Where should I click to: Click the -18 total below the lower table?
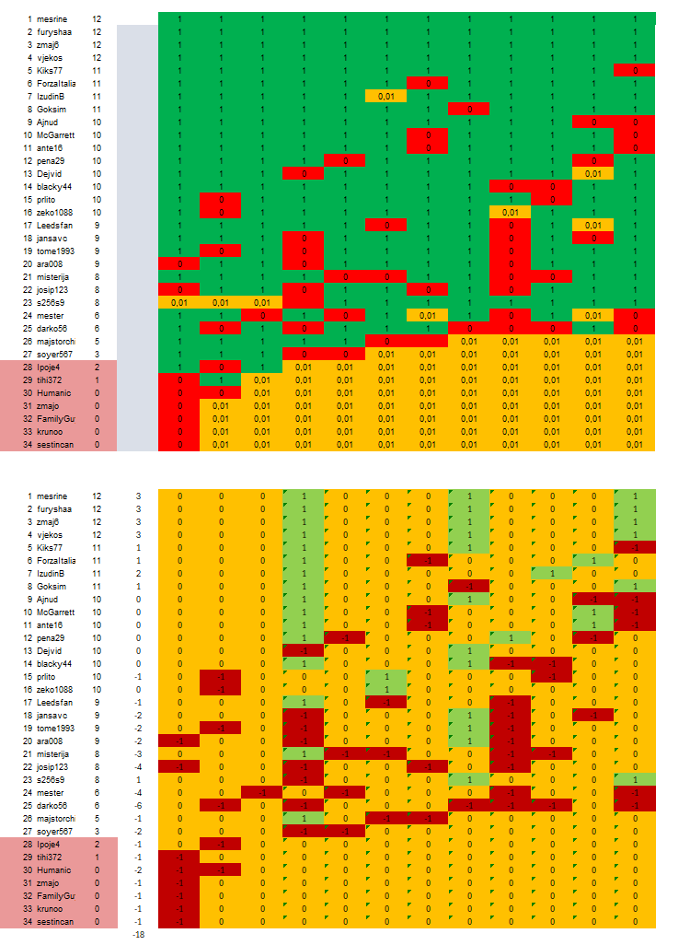[x=138, y=935]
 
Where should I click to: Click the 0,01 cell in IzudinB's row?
[x=386, y=96]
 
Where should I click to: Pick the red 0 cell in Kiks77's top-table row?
[x=634, y=70]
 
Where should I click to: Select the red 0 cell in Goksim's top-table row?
[x=469, y=109]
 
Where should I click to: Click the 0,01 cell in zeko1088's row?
[x=510, y=212]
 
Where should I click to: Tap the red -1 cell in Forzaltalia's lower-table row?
[x=428, y=561]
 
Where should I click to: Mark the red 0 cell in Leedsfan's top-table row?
[x=386, y=225]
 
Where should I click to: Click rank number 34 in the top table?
[x=29, y=444]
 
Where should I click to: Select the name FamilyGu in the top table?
[x=56, y=418]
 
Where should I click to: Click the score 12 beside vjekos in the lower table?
[x=97, y=535]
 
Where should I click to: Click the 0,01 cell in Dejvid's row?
[x=592, y=173]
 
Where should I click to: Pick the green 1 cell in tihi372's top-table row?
[x=221, y=379]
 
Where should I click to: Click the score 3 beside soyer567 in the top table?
[x=97, y=354]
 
